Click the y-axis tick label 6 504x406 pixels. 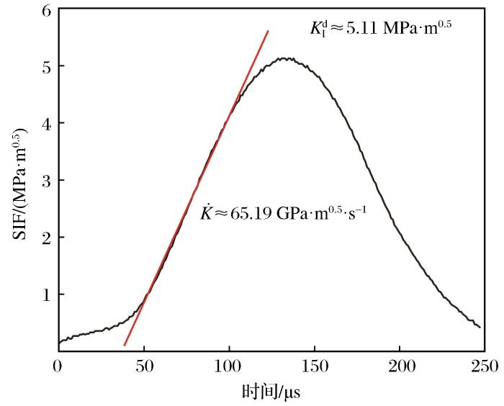[46, 11]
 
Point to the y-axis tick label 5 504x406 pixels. [46, 66]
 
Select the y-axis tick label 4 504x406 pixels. [46, 123]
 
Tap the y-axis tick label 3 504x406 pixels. [46, 180]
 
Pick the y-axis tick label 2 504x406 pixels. [46, 237]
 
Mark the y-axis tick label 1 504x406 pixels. [46, 294]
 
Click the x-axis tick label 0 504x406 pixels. [58, 366]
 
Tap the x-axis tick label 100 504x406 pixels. [228, 366]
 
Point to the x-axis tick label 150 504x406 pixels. [314, 366]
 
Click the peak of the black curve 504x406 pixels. [286, 58]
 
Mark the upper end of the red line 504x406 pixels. [268, 31]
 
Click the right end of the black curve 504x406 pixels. [480, 328]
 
